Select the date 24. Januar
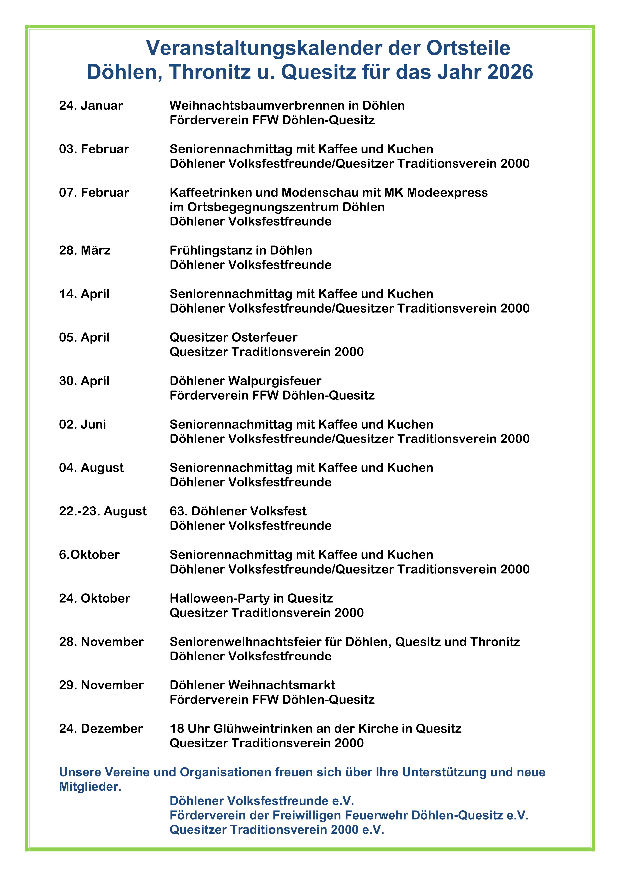point(91,106)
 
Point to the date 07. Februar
point(94,193)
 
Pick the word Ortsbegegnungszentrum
point(263,207)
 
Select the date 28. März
point(85,251)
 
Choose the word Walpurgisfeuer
point(275,381)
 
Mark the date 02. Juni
point(82,425)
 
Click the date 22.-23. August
point(103,512)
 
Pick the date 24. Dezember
point(101,729)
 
